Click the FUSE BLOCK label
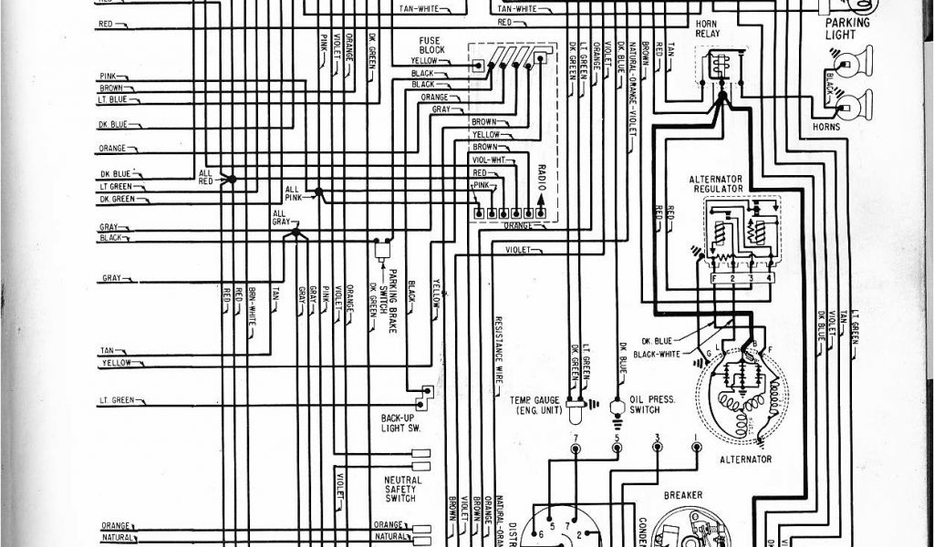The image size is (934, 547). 430,46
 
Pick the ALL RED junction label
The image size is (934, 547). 207,176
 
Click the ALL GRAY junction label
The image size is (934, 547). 279,218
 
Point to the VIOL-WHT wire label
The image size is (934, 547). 487,160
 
